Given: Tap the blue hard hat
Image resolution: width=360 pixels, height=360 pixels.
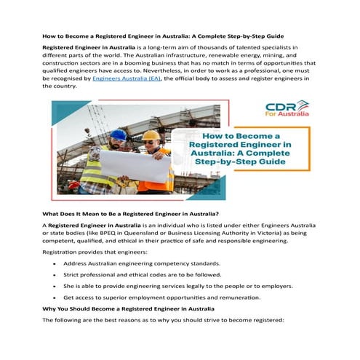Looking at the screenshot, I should tap(118, 135).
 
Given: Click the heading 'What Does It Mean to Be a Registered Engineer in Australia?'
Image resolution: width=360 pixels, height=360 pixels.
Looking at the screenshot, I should tap(131, 213).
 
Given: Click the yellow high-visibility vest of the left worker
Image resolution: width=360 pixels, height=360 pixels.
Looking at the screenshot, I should tap(95, 171).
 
